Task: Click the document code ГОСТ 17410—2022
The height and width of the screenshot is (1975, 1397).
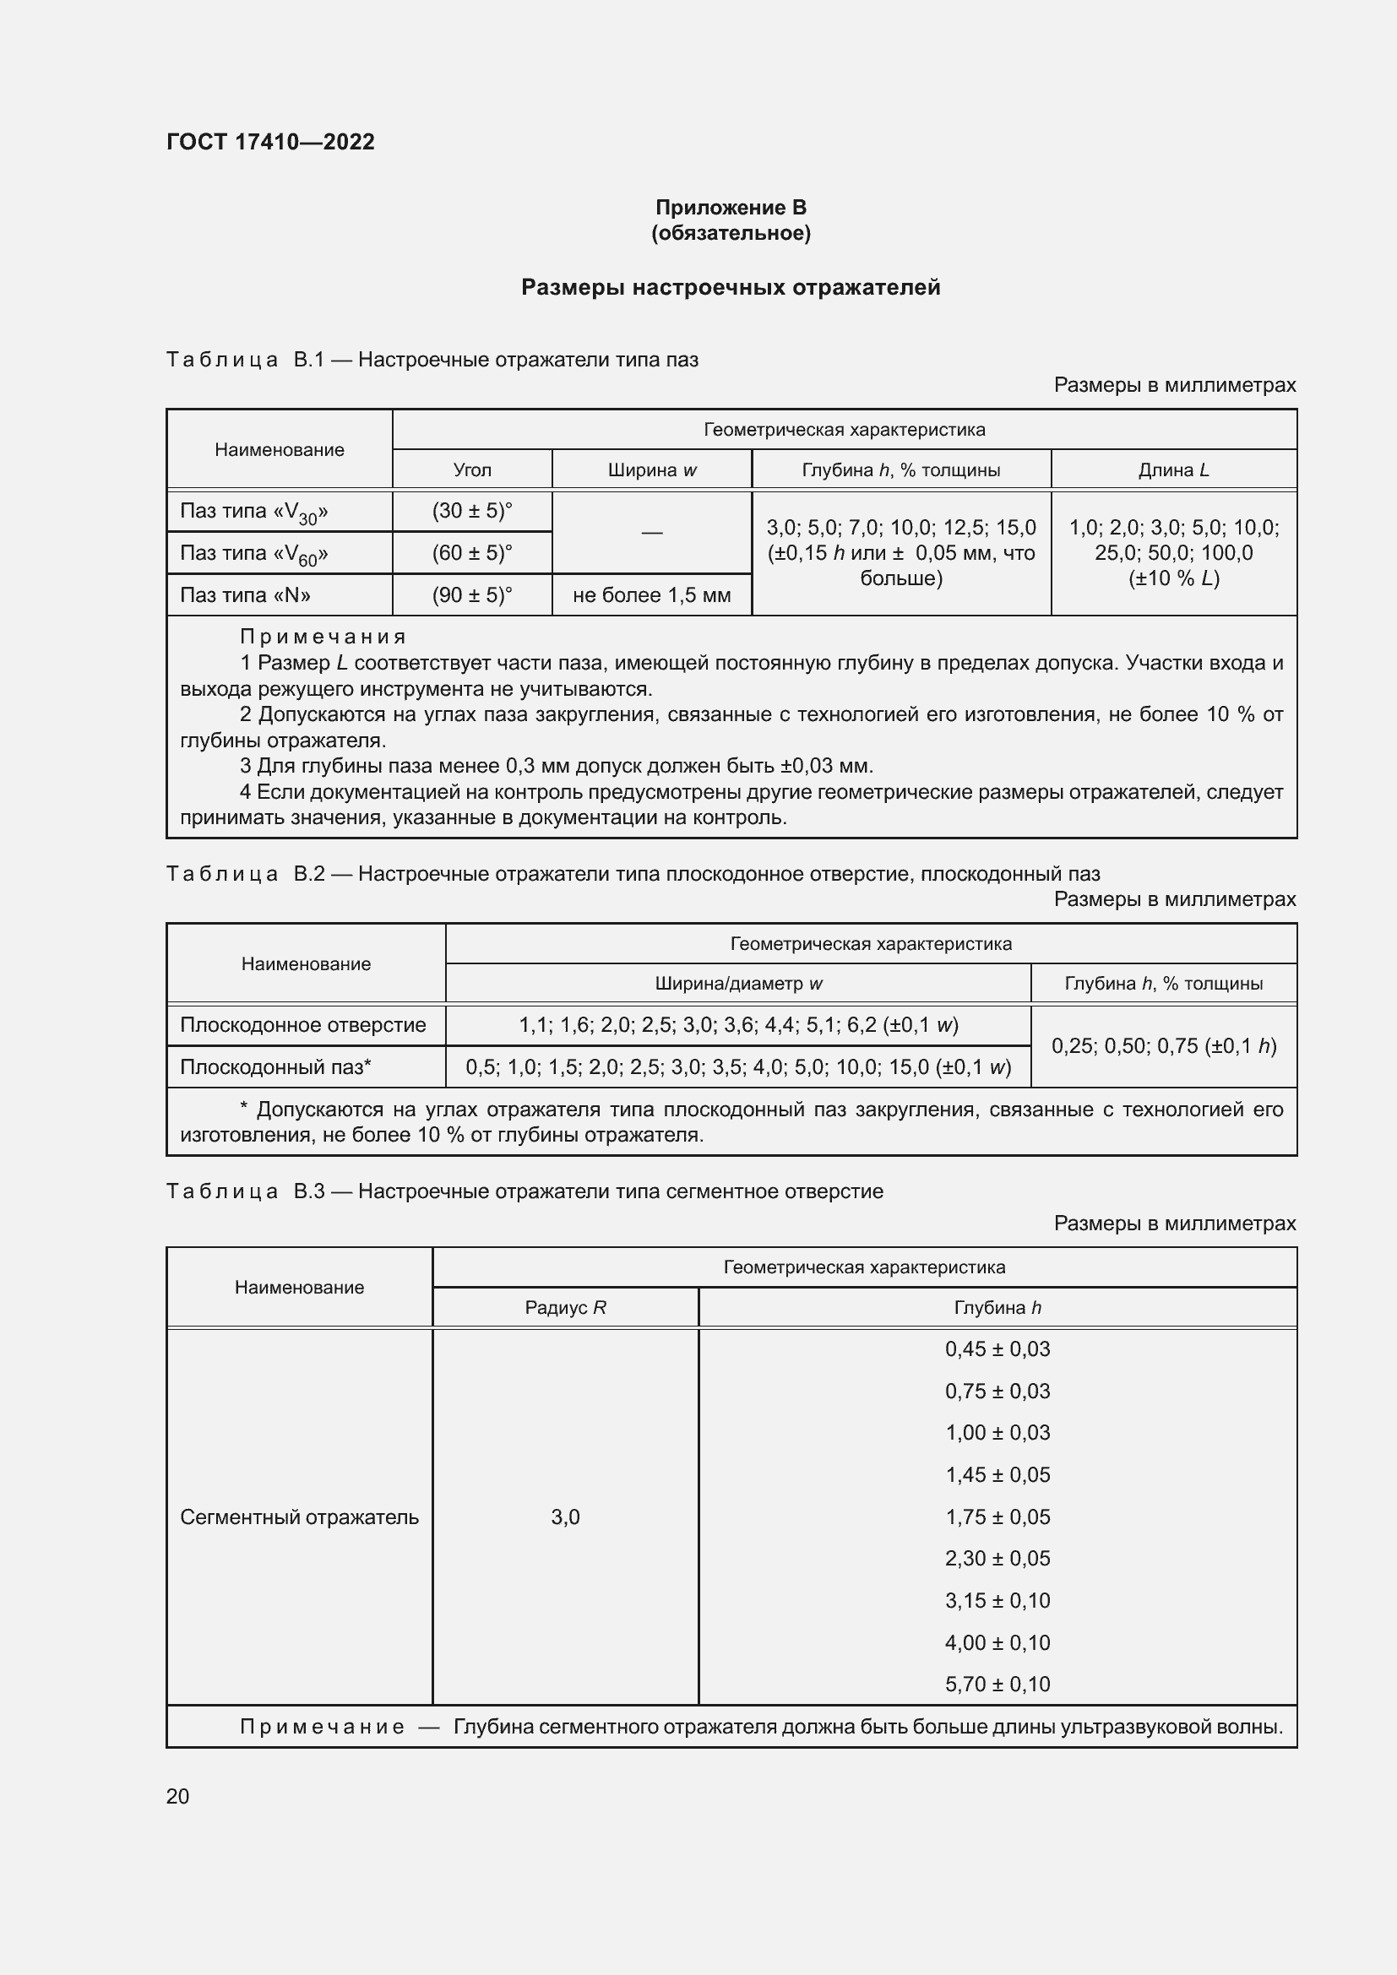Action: [270, 142]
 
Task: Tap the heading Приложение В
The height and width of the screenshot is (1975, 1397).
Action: [731, 208]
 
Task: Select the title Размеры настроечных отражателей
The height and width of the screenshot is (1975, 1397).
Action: [731, 287]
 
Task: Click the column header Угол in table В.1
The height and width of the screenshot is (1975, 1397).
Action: [471, 469]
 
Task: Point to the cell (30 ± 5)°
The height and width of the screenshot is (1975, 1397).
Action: [471, 511]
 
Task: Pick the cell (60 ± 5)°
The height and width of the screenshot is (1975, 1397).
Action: [471, 553]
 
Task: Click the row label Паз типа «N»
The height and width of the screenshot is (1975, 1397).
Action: [245, 595]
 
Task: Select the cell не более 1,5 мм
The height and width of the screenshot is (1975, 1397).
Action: [651, 595]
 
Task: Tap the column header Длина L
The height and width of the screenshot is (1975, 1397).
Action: [1173, 469]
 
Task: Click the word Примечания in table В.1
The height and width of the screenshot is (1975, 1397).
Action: [323, 637]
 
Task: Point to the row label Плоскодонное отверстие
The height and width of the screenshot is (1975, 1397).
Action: [303, 1024]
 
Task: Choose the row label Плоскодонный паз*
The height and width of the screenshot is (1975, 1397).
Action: [275, 1066]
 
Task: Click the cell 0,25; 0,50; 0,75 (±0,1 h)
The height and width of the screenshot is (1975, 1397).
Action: [1163, 1046]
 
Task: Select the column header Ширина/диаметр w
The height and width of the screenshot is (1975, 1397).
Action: [738, 983]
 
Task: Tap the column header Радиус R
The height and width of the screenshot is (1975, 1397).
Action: [565, 1307]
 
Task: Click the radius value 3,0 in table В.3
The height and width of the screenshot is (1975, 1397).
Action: [565, 1517]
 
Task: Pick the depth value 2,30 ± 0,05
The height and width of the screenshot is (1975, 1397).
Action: [997, 1558]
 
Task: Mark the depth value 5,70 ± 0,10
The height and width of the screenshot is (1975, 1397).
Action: [997, 1684]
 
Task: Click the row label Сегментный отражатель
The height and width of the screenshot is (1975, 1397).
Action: [298, 1517]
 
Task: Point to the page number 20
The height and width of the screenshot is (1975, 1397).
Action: [178, 1796]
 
